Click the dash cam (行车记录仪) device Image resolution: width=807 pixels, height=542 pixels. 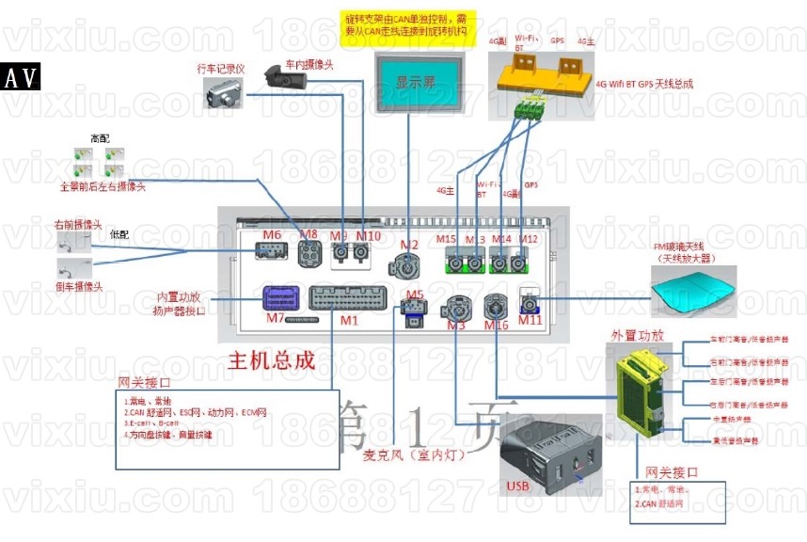click(x=223, y=92)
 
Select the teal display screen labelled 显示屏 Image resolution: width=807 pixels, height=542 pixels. click(x=409, y=82)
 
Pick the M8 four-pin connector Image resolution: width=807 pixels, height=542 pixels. click(x=309, y=254)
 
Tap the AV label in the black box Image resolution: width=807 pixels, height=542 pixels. click(x=22, y=78)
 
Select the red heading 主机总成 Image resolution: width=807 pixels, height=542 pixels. click(x=272, y=360)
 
